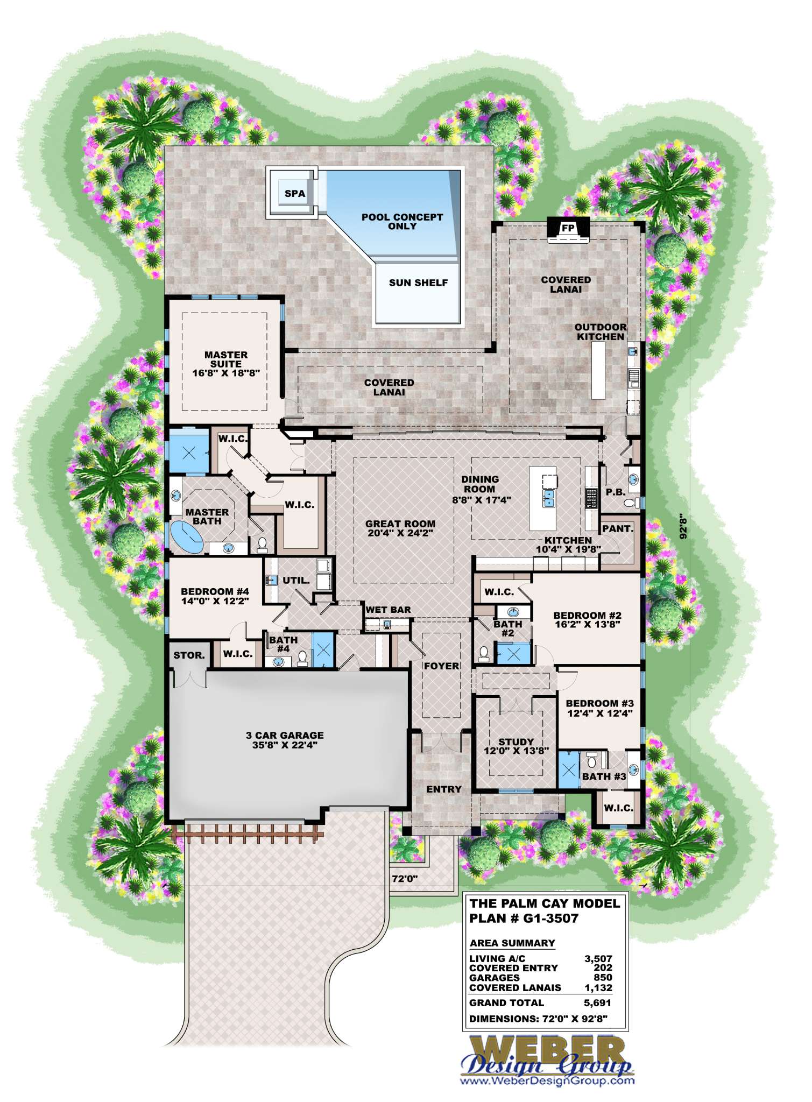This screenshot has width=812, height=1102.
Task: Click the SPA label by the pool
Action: (294, 194)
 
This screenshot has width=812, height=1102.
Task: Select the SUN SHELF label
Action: (418, 283)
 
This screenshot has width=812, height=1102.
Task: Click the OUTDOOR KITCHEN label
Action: (601, 332)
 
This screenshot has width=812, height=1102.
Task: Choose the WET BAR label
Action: (388, 610)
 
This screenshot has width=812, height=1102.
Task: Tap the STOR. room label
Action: (189, 655)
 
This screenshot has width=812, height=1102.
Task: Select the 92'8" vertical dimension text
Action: (683, 527)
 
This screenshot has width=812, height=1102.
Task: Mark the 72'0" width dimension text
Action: (405, 879)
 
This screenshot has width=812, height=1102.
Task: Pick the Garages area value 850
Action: (603, 977)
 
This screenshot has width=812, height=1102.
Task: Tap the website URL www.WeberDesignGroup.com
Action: (547, 1080)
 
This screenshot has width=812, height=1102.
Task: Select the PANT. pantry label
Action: (617, 528)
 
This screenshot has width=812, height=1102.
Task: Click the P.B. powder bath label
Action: (616, 492)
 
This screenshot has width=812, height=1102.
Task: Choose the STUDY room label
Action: (516, 742)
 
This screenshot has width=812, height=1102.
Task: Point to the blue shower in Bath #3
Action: (569, 769)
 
